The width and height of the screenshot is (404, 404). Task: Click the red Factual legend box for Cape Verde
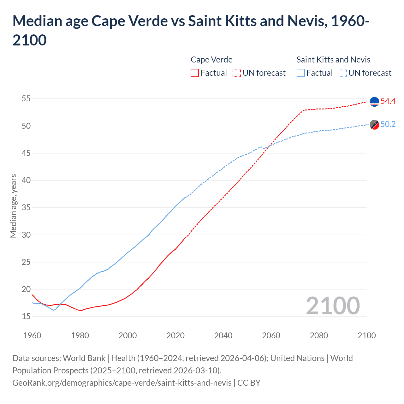click(x=195, y=73)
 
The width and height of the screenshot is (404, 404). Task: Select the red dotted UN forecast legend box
click(x=237, y=73)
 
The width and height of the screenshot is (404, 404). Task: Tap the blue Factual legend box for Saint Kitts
click(x=301, y=73)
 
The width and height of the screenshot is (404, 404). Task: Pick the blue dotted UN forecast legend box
click(x=343, y=73)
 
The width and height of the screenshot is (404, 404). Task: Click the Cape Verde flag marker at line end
click(x=374, y=102)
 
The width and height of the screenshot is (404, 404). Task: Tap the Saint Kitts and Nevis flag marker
click(x=374, y=125)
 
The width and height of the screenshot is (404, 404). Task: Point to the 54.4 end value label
click(x=388, y=101)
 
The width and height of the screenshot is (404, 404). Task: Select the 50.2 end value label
click(x=388, y=124)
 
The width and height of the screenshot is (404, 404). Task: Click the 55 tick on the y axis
click(x=26, y=99)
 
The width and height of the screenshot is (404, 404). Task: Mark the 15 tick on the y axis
click(x=26, y=316)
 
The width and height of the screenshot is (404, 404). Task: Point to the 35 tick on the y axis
click(x=26, y=208)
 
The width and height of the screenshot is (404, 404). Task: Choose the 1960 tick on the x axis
click(x=32, y=336)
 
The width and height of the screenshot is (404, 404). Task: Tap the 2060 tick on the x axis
click(x=271, y=336)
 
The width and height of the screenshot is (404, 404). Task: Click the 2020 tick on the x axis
click(x=175, y=336)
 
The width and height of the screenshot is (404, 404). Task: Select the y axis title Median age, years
click(x=13, y=206)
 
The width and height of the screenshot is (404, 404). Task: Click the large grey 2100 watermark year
click(x=333, y=306)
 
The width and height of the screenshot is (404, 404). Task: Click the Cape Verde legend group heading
click(x=211, y=60)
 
